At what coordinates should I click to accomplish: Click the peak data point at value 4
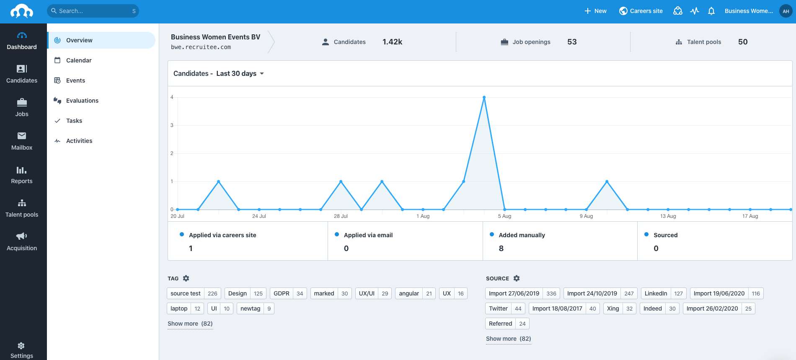484,97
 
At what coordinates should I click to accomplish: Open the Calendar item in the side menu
79,60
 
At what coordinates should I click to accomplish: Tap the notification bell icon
711,11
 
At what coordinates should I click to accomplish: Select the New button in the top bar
595,11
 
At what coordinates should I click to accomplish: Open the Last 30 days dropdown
240,74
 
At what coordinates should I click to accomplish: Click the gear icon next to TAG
186,278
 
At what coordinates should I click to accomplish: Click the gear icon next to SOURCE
517,278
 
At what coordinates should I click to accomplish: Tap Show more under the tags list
190,324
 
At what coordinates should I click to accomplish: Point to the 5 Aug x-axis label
504,216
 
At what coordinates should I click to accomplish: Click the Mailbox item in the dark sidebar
22,141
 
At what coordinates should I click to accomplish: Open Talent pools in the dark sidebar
22,208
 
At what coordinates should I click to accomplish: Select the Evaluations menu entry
82,101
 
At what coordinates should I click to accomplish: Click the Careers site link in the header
641,11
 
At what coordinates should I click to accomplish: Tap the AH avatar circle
786,11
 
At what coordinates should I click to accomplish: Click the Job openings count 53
572,42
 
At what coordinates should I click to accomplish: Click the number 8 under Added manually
501,249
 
